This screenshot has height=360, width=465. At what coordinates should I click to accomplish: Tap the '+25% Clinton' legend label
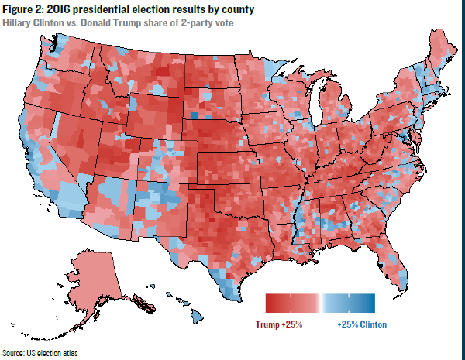[362, 324]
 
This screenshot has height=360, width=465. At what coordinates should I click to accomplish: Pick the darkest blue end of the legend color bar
[371, 303]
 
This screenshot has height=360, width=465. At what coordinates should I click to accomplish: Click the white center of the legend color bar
[319, 303]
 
